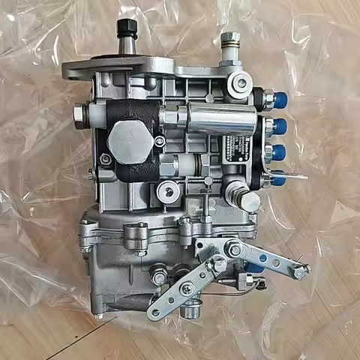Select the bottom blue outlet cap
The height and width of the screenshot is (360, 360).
point(278,178)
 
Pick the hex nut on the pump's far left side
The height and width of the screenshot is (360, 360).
point(78,115)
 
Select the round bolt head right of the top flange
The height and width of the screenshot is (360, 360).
point(241,83)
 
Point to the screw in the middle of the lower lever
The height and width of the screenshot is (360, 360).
point(186,289)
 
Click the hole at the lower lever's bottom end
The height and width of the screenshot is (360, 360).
point(155,312)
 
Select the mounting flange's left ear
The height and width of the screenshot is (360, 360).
point(73,70)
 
